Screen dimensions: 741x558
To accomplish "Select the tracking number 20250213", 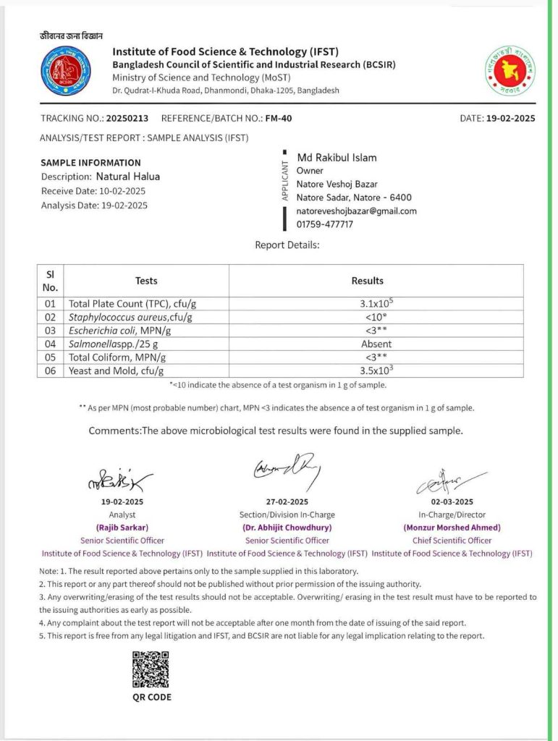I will point(127,118).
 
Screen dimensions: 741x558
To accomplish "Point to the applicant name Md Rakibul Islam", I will point(337,158).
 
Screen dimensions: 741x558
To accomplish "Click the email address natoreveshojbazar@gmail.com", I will point(357,211).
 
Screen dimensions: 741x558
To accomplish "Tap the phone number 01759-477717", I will point(325,224).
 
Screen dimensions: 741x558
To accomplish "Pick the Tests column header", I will point(146,281).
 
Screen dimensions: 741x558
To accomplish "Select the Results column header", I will point(368,281).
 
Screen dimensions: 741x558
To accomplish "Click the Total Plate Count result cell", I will point(376,304).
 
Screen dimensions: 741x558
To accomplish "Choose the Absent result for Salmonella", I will point(376,344).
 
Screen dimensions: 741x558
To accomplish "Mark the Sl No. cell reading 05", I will point(50,357).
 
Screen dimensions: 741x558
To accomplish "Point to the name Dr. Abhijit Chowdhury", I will point(288,528).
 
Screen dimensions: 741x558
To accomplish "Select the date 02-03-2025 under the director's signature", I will point(452,501).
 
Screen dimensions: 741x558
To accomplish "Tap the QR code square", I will point(151,669).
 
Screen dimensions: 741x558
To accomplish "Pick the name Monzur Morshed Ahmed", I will point(452,528).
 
